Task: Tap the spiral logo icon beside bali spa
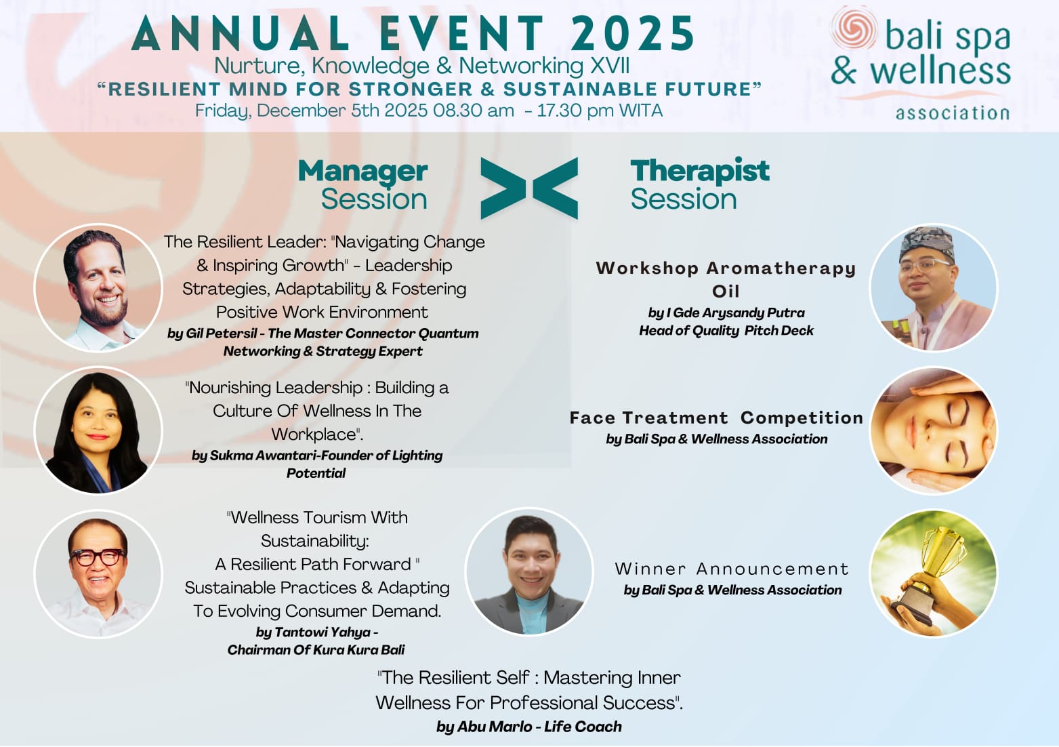point(854,27)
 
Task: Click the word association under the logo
point(953,113)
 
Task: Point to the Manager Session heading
point(363,184)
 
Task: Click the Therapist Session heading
point(700,184)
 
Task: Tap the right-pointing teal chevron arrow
point(503,188)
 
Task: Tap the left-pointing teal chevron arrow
point(556,188)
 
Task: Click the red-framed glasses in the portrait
point(98,557)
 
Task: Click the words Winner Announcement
point(732,569)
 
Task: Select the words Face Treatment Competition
point(716,418)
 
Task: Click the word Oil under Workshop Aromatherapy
point(726,291)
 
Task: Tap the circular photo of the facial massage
point(934,430)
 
